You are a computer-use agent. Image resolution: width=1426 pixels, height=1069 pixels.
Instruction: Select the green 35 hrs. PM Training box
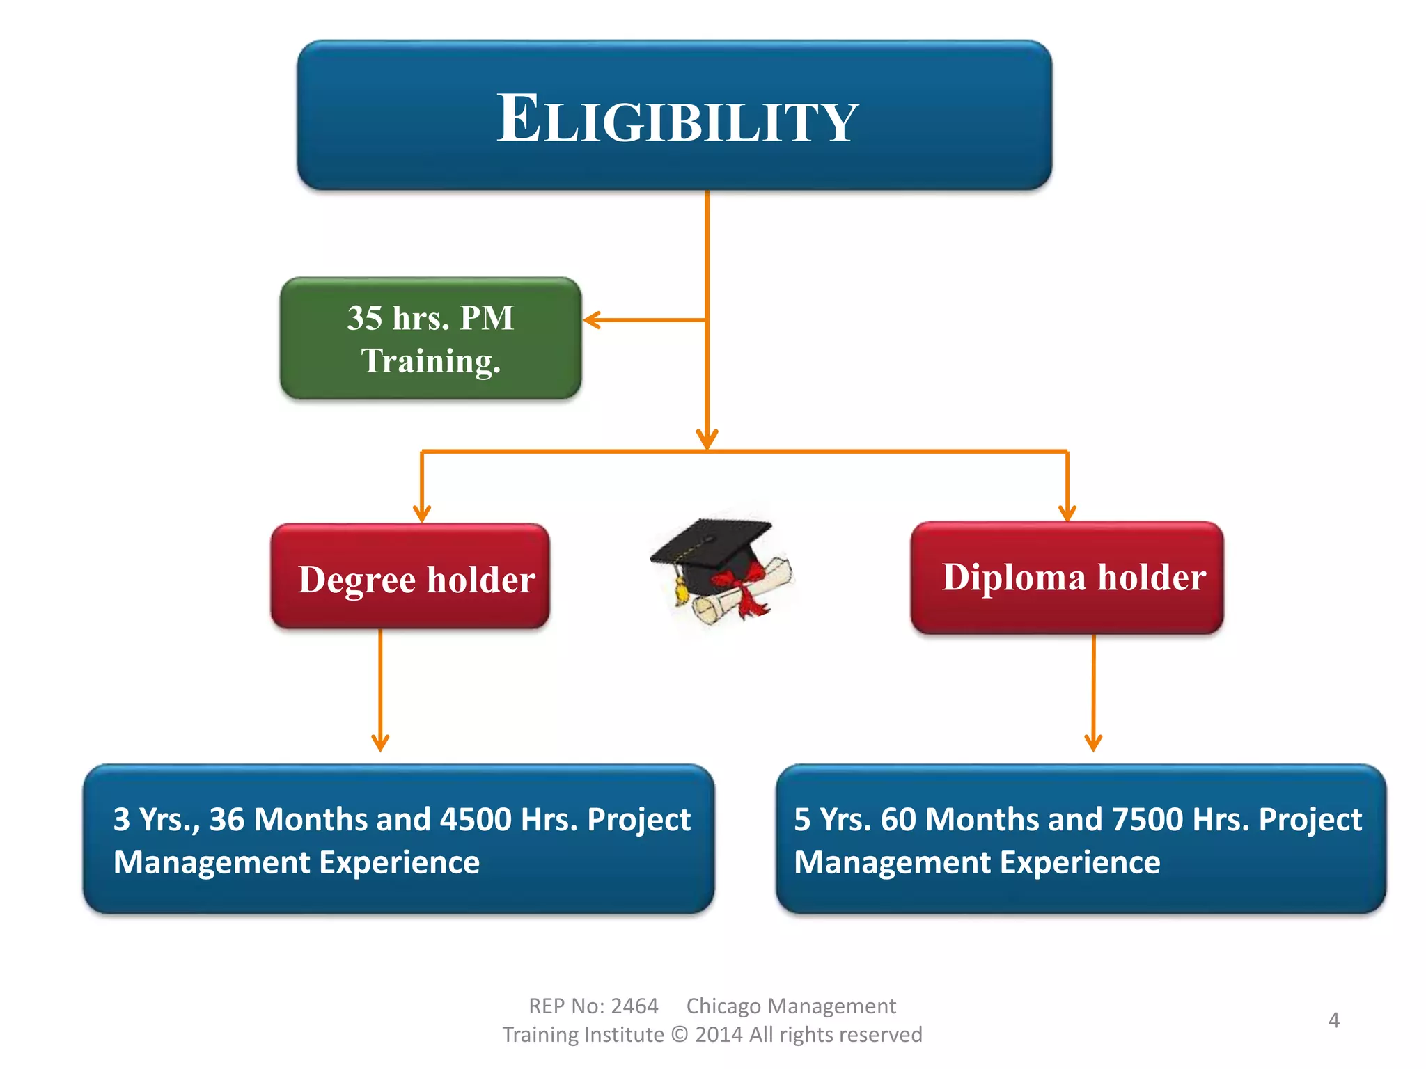tap(430, 339)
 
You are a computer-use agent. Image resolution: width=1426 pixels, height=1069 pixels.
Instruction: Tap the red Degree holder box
tap(411, 577)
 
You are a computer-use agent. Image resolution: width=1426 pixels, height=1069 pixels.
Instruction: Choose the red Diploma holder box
tap(1067, 577)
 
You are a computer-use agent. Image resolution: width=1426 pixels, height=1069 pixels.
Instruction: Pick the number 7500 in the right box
tap(1147, 819)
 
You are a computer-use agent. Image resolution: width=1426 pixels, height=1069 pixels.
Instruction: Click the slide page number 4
tap(1333, 1020)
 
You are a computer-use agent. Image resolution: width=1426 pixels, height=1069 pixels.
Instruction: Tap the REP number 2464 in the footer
tap(634, 1006)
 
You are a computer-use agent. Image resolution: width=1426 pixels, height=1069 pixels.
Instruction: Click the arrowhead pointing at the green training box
tap(591, 320)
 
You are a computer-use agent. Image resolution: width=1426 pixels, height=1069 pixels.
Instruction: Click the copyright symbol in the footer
tap(680, 1035)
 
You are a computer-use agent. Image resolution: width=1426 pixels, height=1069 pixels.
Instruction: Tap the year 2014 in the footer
tap(719, 1035)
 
